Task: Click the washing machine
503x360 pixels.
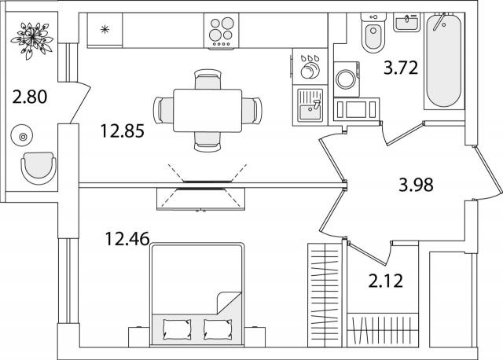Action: pyautogui.click(x=347, y=79)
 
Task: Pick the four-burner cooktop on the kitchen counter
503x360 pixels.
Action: pyautogui.click(x=222, y=31)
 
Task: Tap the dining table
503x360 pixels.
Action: pyautogui.click(x=207, y=109)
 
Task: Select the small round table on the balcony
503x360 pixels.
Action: pyautogui.click(x=23, y=137)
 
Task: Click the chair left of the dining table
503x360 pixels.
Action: pyautogui.click(x=164, y=109)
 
